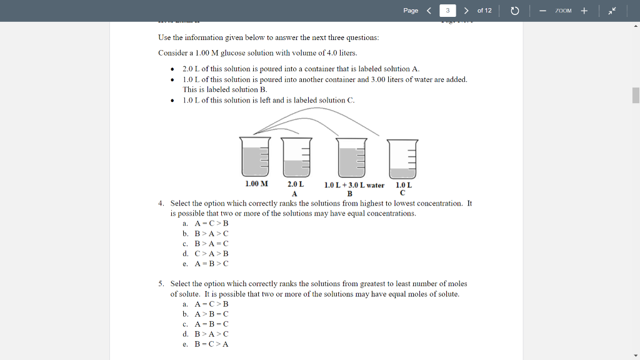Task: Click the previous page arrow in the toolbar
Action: (x=429, y=11)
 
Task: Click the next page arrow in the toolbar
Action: (x=466, y=11)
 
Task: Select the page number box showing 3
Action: (x=447, y=11)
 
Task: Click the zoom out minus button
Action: (x=543, y=11)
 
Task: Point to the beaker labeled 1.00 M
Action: (x=256, y=157)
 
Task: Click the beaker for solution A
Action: (x=296, y=157)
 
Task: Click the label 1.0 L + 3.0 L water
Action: (x=354, y=185)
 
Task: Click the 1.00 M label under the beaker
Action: (x=256, y=184)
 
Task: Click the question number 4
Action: (x=161, y=203)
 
